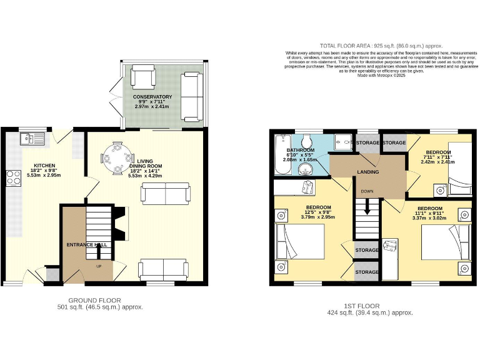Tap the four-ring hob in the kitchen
tap(13, 178)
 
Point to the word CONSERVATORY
tap(152, 97)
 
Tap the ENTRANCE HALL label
tap(87, 244)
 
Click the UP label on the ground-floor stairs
tap(97, 266)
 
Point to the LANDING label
tap(366, 171)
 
